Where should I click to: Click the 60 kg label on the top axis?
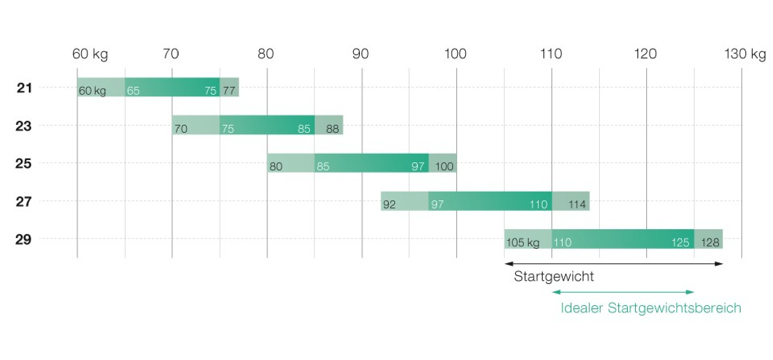point(90,54)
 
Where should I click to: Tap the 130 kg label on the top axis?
point(745,54)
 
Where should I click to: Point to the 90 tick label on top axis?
point(360,54)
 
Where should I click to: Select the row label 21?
point(24,88)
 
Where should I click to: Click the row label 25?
point(23,164)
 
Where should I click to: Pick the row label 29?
point(23,240)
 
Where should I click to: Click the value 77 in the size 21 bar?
point(229,91)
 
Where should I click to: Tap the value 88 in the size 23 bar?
point(332,129)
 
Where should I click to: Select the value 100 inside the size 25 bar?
point(444,166)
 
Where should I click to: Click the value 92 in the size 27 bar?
point(389,205)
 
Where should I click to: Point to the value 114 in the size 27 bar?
point(577,205)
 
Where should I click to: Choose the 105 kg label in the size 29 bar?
point(523,242)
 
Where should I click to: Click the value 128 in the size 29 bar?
point(710,242)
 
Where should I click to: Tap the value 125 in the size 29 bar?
point(680,242)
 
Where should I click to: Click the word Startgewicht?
point(554,276)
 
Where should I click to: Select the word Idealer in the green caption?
point(582,308)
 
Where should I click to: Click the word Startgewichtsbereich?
point(674,308)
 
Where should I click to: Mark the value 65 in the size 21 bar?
point(133,91)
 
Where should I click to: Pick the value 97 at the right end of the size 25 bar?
point(418,166)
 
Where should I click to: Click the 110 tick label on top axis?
point(551,54)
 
